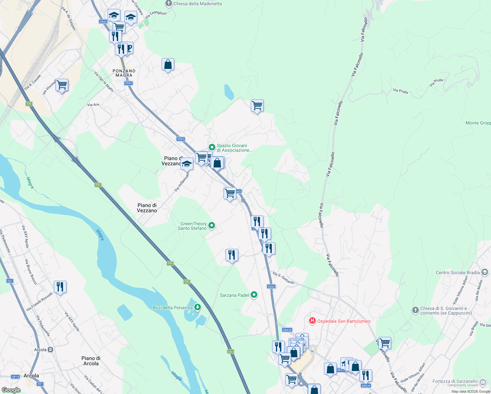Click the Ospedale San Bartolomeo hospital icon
312,321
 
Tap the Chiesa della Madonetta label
198,4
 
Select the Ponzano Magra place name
124,73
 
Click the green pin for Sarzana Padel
254,295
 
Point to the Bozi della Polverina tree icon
198,307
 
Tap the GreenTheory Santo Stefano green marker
212,225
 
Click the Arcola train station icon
50,350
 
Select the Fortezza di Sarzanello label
455,381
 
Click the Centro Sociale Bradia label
458,273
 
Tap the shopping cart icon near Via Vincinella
62,85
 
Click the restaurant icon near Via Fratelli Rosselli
60,287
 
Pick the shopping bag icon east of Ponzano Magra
168,65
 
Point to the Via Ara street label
93,105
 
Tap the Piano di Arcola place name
91,361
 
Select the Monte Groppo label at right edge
478,123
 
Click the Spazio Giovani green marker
212,147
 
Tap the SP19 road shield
15,377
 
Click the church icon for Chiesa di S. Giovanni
415,310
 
